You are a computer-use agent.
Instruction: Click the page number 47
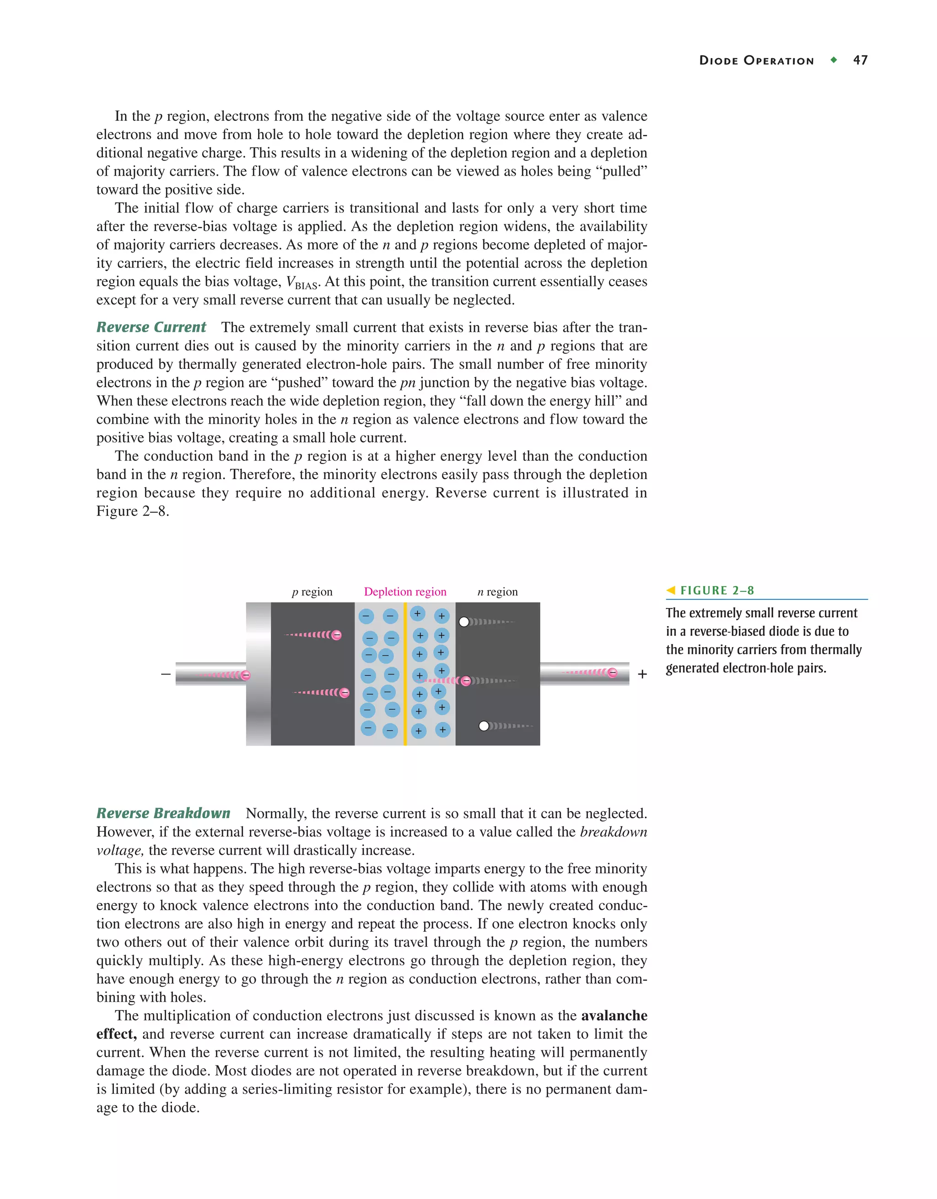(860, 60)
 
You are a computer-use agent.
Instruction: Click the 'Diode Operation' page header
(756, 61)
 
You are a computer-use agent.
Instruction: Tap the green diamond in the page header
(834, 60)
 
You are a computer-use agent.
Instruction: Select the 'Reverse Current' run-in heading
(151, 327)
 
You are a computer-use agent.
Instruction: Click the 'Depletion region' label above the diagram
(405, 592)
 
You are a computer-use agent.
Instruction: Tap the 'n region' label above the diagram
(497, 592)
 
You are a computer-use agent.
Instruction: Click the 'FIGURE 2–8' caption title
(717, 591)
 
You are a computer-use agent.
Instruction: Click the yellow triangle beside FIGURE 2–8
(671, 591)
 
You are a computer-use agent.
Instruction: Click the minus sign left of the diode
(166, 674)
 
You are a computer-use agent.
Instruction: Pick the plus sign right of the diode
(642, 674)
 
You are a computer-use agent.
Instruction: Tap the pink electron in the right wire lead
(613, 673)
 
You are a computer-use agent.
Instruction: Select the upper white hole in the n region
(464, 622)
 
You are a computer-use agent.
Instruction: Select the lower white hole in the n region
(484, 726)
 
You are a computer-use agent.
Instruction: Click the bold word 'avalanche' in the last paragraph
(614, 1015)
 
